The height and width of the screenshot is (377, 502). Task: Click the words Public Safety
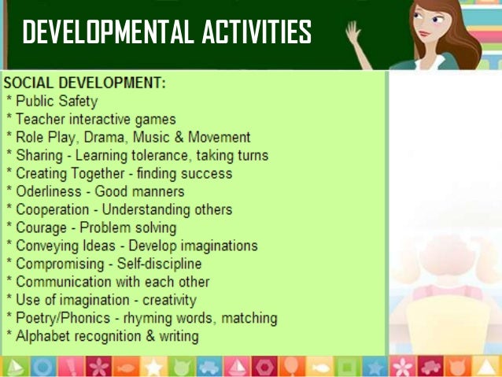pos(56,101)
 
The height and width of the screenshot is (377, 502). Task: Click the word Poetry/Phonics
pos(59,318)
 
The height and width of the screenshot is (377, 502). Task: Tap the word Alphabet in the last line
pos(43,336)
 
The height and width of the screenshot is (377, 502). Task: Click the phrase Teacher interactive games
pos(96,119)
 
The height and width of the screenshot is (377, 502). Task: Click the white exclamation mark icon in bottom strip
pos(70,366)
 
